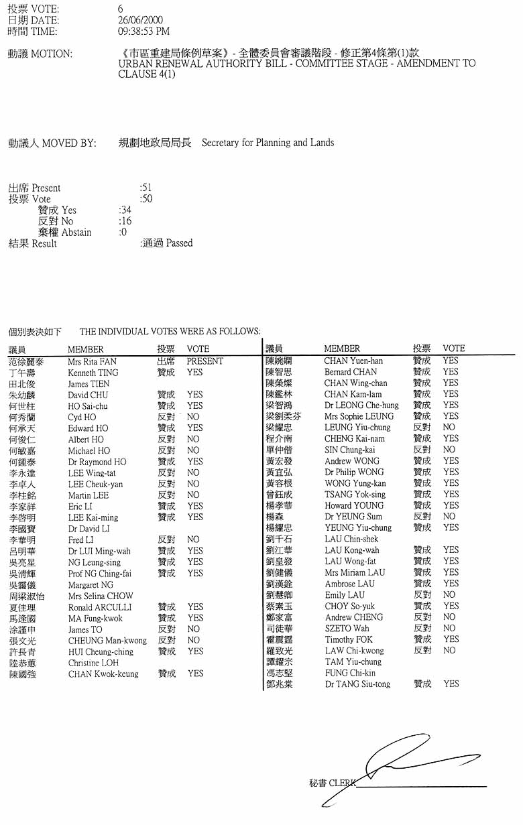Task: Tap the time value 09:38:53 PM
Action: point(143,31)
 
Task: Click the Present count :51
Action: point(146,188)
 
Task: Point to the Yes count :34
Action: point(125,210)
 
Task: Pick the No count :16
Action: point(125,221)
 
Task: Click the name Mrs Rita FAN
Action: point(92,361)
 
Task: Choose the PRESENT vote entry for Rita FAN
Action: point(205,361)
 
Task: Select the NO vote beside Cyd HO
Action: point(193,417)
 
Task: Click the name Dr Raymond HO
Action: point(97,462)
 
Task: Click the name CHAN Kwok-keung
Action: point(103,674)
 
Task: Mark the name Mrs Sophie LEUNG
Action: point(359,416)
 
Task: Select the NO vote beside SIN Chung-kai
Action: point(449,450)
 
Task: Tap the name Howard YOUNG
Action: point(353,505)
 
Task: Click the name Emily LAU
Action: point(345,594)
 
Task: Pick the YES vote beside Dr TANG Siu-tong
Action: point(451,684)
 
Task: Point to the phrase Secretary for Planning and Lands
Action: point(268,143)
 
